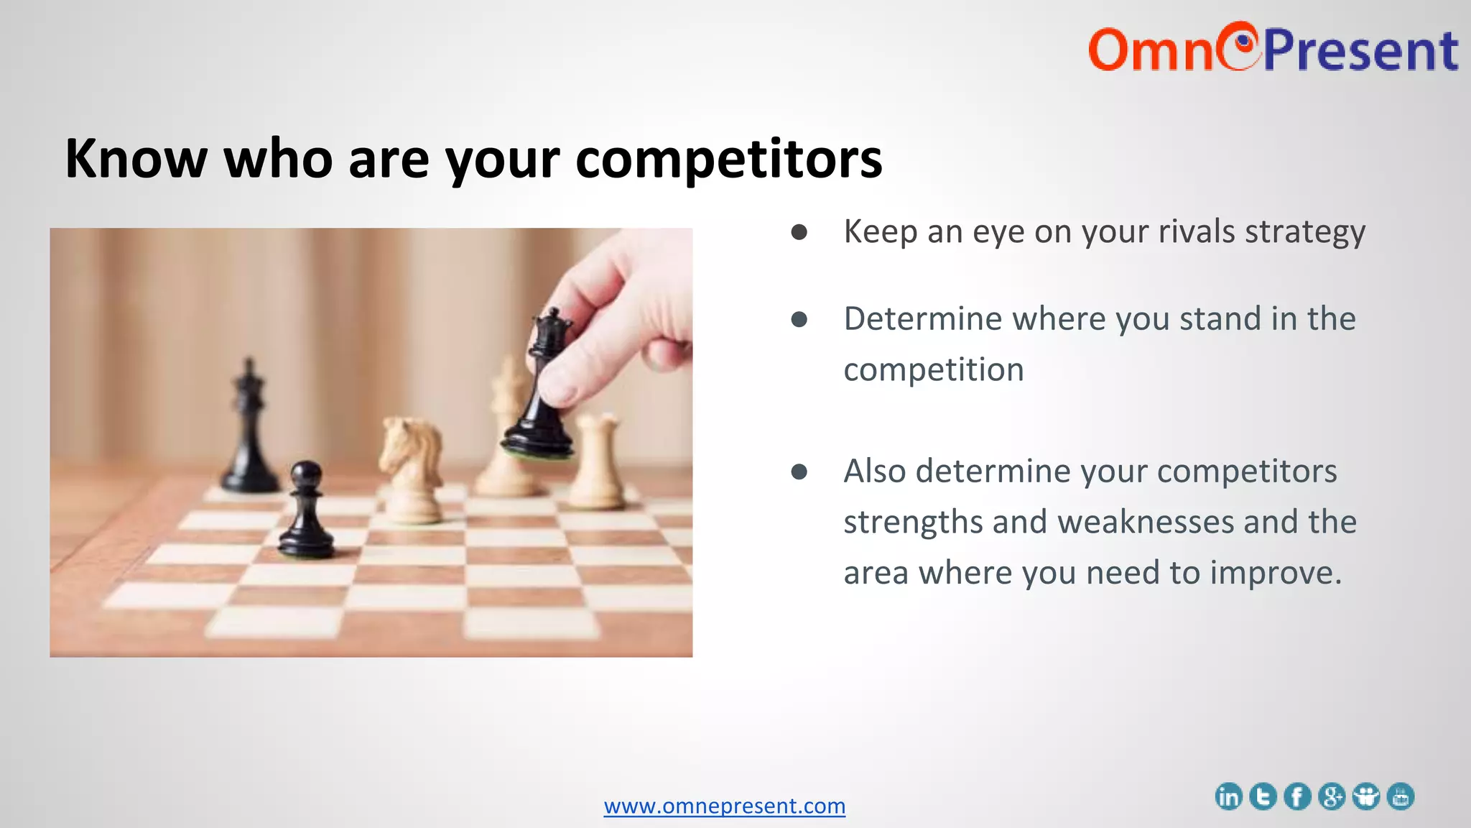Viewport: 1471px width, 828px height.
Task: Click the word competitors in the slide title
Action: pos(728,160)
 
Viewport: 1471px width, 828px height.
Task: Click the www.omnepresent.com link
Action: pos(724,806)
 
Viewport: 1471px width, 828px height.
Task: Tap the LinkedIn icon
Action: pos(1228,796)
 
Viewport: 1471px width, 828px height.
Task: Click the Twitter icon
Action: pos(1263,796)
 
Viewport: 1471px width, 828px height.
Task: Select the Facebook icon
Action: pos(1297,796)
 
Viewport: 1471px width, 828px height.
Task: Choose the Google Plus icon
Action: pos(1332,796)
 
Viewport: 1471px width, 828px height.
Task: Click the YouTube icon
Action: pos(1401,796)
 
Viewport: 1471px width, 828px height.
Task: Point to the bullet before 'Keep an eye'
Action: pos(799,232)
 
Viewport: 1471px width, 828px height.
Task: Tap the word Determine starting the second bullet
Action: pos(922,318)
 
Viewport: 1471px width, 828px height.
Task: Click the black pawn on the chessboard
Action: pos(307,510)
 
